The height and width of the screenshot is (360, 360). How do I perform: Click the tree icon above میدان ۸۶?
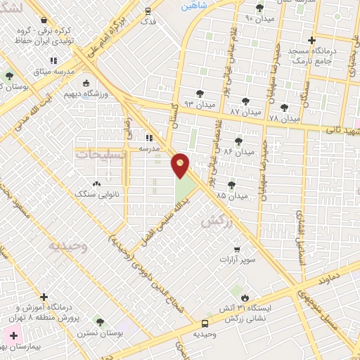pos(239,140)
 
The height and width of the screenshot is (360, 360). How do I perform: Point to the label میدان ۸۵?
pos(231,195)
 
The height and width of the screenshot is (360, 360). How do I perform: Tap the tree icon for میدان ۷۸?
pos(283,108)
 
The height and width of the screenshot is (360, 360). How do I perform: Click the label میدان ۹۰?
pos(259,18)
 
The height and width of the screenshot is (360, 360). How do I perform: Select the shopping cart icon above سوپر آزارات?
pos(237,249)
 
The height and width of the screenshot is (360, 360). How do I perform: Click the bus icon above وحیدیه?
pos(205,323)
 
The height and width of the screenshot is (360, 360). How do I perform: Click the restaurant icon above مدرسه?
pos(149,138)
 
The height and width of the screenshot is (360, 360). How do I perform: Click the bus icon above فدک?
pos(148,11)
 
